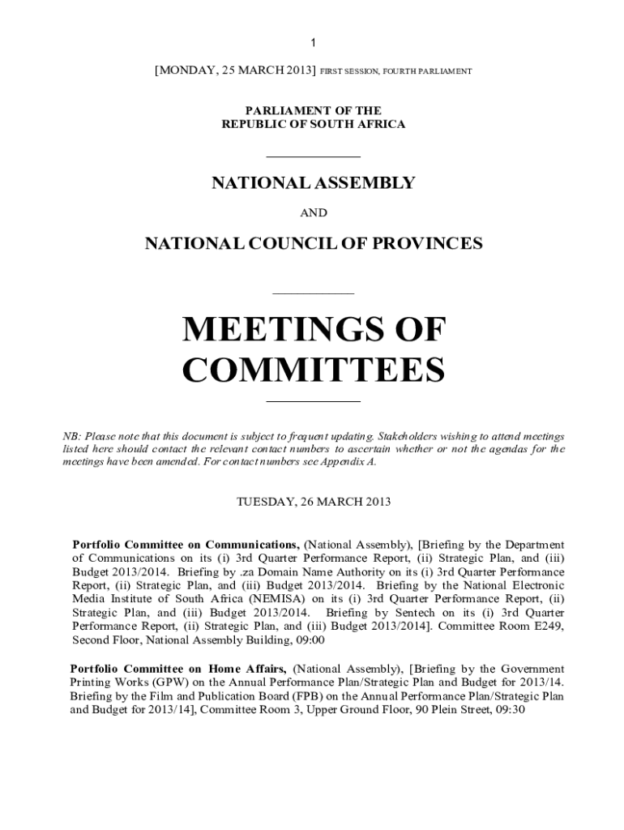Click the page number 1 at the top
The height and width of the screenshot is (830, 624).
[313, 43]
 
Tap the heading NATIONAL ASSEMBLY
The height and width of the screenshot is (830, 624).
[313, 183]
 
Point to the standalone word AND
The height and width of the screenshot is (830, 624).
[314, 213]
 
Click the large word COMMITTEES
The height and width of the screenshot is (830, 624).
[314, 371]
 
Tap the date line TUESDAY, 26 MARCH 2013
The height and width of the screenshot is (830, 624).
[313, 502]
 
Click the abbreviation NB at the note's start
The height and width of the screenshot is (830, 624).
[71, 436]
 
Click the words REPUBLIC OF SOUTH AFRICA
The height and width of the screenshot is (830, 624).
[313, 124]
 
